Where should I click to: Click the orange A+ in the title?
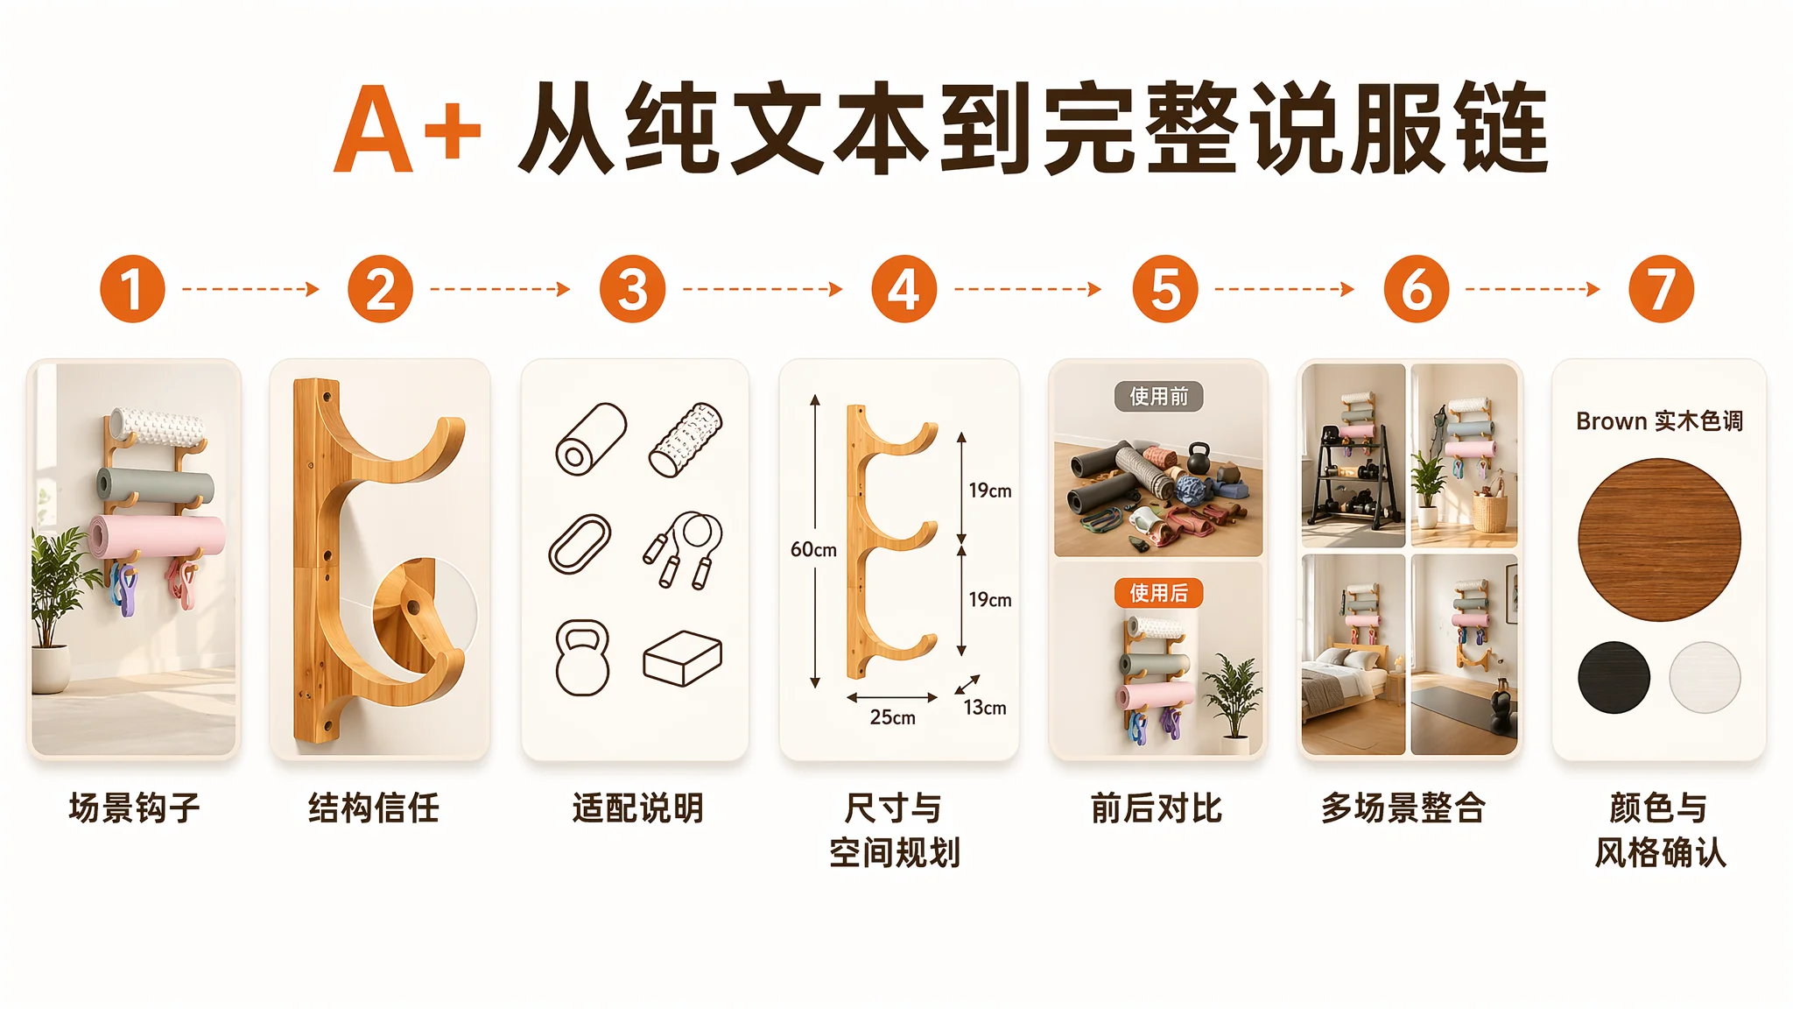(408, 130)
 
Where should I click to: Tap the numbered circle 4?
(904, 289)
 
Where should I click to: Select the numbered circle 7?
(1661, 289)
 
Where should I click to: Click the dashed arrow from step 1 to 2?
(251, 289)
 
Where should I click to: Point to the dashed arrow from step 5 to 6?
(1284, 289)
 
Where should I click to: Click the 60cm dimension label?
(813, 550)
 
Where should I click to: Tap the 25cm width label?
(892, 717)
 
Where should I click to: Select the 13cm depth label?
(985, 708)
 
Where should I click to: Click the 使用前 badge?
(1158, 397)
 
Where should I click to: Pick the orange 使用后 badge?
(1158, 593)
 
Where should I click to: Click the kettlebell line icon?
(582, 658)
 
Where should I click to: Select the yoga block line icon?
(683, 658)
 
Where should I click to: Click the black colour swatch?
(1614, 677)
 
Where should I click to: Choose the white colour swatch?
(1705, 677)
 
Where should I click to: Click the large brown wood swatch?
(1659, 540)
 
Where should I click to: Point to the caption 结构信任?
(374, 808)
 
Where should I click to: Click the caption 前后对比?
(1157, 808)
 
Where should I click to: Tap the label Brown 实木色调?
(1659, 421)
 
